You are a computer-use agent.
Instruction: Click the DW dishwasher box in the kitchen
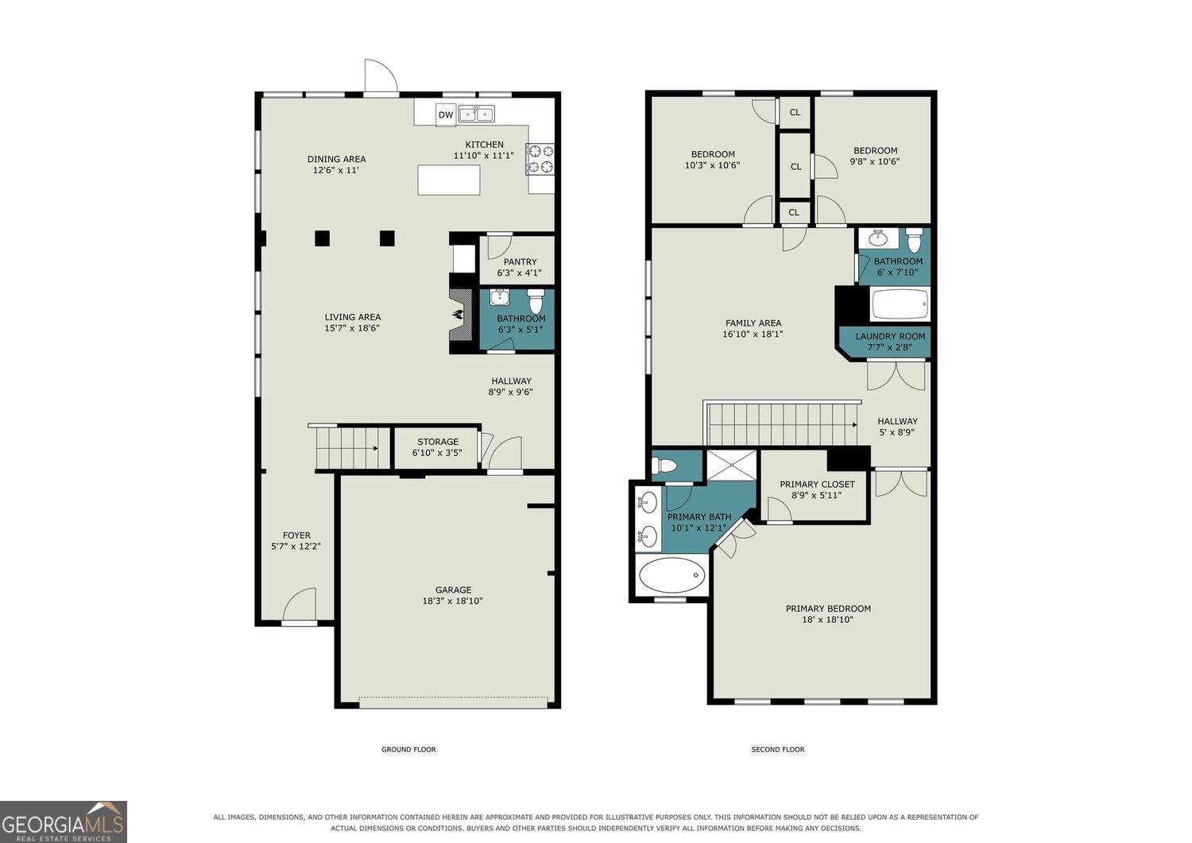click(x=446, y=115)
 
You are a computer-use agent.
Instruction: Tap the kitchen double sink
click(x=477, y=114)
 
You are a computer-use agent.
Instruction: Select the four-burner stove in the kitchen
click(x=540, y=159)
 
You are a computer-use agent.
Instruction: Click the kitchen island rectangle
click(x=449, y=180)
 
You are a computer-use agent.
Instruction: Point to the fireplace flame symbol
click(x=457, y=315)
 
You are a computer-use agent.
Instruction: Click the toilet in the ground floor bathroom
click(x=535, y=301)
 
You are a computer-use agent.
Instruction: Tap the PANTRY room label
click(x=520, y=262)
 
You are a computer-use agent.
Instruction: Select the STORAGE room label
click(x=437, y=442)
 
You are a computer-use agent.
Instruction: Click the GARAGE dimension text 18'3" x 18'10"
click(x=452, y=601)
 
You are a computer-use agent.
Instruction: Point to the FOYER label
click(x=296, y=536)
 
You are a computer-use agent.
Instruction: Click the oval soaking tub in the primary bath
click(x=672, y=575)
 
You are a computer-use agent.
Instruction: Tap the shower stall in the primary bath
click(x=731, y=465)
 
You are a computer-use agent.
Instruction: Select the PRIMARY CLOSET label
click(x=817, y=485)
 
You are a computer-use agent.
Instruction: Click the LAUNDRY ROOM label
click(x=890, y=336)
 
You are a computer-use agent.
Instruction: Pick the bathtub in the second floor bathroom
click(x=900, y=304)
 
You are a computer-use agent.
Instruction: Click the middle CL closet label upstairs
click(x=795, y=167)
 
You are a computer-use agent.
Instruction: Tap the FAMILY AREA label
click(x=753, y=323)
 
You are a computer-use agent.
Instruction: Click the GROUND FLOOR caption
click(x=408, y=749)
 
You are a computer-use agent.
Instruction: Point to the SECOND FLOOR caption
click(x=777, y=749)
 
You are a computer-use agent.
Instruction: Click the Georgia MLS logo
click(x=64, y=822)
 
